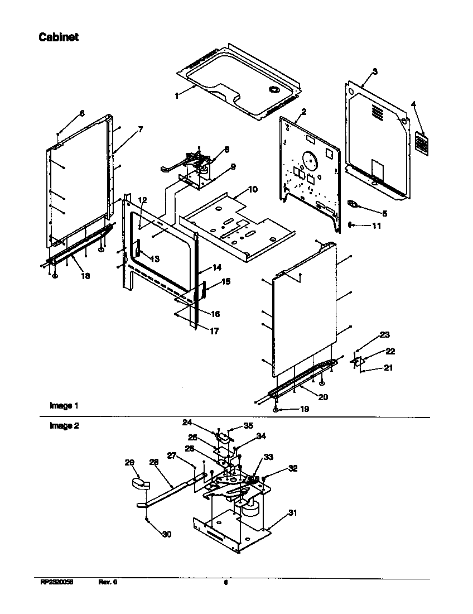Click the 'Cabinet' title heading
[58, 37]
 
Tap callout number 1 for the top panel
[177, 96]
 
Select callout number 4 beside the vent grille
[413, 104]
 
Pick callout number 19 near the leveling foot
[305, 409]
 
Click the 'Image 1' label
[60, 406]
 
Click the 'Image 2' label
[61, 426]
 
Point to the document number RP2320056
[57, 582]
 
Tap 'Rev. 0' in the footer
[108, 582]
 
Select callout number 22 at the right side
[390, 351]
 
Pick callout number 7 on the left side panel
[140, 129]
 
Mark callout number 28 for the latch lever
[154, 462]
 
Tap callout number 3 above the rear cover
[375, 71]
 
